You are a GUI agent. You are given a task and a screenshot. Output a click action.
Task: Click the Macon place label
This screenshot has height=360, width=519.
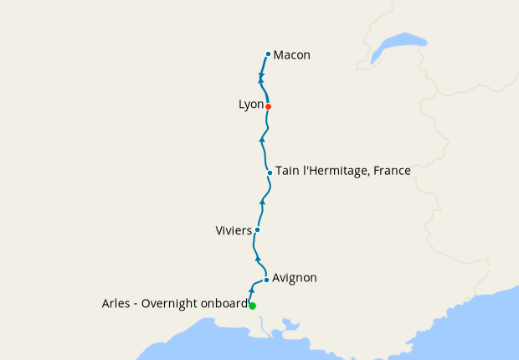point(292,55)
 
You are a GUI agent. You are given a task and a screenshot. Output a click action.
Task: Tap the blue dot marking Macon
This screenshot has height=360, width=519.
point(268,54)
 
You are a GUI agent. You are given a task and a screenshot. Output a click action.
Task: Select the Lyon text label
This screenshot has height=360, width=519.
point(250,105)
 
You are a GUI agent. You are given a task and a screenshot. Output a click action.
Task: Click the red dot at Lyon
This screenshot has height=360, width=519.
point(268,106)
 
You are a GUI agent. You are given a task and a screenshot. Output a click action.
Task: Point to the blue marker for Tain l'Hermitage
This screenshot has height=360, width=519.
point(270,172)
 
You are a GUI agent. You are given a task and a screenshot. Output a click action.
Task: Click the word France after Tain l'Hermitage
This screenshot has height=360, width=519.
point(393,171)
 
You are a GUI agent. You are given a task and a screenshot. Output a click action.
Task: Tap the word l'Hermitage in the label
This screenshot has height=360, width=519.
point(335,171)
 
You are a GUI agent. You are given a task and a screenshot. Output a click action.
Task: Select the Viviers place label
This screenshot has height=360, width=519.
point(234,229)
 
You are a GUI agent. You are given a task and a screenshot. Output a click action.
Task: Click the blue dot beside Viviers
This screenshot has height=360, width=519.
point(257,229)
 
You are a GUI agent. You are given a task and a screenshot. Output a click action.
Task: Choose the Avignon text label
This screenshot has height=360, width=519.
point(295,278)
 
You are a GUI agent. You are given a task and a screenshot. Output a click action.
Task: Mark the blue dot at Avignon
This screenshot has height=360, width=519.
point(266,280)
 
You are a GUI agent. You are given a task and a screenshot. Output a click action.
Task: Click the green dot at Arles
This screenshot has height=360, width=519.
point(252,306)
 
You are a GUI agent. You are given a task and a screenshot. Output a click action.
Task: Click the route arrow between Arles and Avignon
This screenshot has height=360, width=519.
point(252,289)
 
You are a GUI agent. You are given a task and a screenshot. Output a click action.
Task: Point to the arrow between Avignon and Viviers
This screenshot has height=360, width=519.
point(257,259)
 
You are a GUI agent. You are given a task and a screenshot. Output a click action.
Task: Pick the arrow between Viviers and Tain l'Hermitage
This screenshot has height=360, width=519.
point(263,202)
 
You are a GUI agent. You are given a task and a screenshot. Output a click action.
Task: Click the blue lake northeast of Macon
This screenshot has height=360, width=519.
point(398,45)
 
